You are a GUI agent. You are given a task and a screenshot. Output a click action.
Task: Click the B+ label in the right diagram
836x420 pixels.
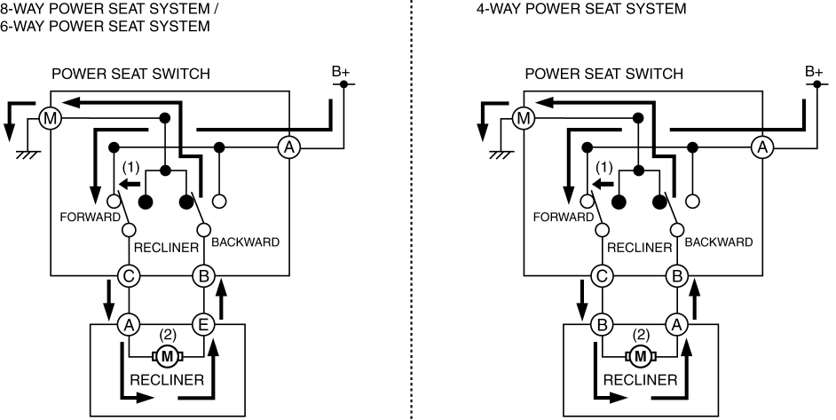[x=814, y=71]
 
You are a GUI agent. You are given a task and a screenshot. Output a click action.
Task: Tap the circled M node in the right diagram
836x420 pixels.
[x=523, y=117]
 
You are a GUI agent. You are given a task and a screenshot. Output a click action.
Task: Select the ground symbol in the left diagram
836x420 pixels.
[x=27, y=154]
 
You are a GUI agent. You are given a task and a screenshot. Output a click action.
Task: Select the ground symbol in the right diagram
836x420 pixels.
[x=501, y=154]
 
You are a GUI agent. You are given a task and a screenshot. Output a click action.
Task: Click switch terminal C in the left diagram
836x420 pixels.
[x=129, y=276]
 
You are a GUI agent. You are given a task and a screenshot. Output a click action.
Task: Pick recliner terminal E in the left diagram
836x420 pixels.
[x=202, y=325]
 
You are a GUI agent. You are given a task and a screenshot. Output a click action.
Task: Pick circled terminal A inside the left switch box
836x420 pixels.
[x=288, y=147]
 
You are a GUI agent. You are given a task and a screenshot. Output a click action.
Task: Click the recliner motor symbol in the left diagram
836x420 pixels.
[x=166, y=357]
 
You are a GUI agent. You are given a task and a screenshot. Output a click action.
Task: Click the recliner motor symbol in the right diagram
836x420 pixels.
[x=640, y=357]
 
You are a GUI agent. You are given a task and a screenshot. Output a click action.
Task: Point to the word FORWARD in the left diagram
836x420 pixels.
[x=88, y=216]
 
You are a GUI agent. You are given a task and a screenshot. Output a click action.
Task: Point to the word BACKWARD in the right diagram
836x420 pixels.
[x=719, y=242]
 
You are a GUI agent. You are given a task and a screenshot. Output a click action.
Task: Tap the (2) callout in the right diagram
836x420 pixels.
[x=640, y=335]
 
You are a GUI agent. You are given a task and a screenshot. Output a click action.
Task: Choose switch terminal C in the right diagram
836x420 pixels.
[x=603, y=276]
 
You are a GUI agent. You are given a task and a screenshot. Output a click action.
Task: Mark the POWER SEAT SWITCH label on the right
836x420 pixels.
[x=603, y=74]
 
